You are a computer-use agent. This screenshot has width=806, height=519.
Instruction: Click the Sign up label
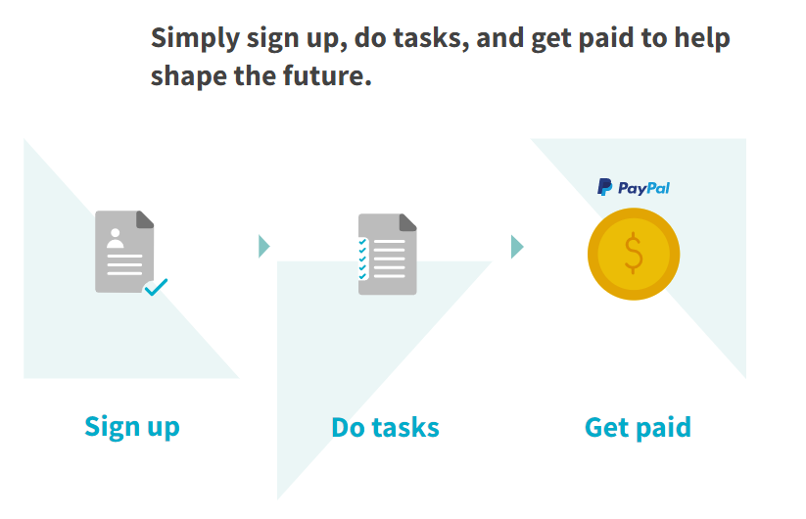[x=132, y=428]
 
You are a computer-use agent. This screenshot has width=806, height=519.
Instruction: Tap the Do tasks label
[x=386, y=428]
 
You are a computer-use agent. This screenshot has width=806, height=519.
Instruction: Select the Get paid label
[x=638, y=428]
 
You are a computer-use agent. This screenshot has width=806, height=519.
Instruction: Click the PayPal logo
[x=634, y=188]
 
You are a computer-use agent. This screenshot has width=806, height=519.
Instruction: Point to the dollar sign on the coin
[x=634, y=253]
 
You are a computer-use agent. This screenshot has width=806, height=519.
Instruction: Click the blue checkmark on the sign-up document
[x=157, y=287]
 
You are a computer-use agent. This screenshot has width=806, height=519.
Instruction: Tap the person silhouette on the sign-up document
[x=116, y=238]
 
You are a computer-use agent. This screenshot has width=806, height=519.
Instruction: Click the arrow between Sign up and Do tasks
[x=263, y=246]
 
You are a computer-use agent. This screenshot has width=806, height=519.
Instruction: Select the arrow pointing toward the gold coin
[x=517, y=247]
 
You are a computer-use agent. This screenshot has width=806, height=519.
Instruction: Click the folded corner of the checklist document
[x=408, y=222]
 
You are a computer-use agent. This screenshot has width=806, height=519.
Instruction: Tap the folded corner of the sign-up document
[x=145, y=219]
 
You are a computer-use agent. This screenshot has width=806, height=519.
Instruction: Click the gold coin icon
[x=634, y=254]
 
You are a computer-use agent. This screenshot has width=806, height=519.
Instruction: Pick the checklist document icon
[x=388, y=254]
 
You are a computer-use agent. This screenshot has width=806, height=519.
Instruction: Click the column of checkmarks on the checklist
[x=363, y=259]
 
